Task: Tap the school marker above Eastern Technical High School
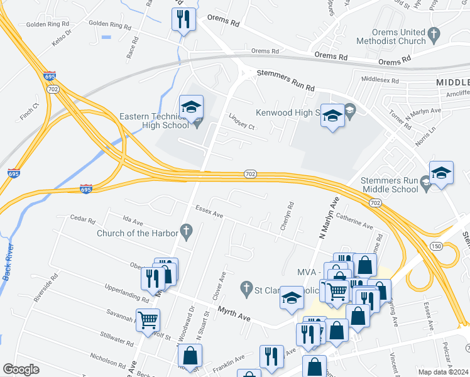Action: [192, 107]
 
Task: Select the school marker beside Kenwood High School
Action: [333, 116]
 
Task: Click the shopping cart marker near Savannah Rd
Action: [148, 320]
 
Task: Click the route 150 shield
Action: [436, 246]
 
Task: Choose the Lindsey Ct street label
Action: [241, 121]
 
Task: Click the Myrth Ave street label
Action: [234, 314]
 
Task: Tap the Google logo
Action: [21, 369]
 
